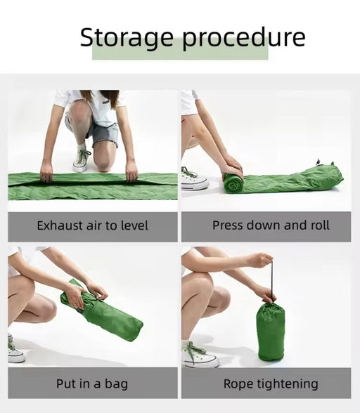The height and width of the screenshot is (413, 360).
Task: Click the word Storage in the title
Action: pyautogui.click(x=127, y=38)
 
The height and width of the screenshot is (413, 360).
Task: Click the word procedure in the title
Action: pyautogui.click(x=244, y=38)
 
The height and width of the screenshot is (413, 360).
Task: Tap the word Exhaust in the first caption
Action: pyautogui.click(x=60, y=225)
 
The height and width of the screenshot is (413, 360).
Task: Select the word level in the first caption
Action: pyautogui.click(x=134, y=225)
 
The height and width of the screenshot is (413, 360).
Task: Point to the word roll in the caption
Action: pyautogui.click(x=320, y=225)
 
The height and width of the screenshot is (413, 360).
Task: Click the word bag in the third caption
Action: pyautogui.click(x=116, y=384)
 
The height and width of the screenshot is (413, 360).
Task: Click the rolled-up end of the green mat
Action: pyautogui.click(x=234, y=183)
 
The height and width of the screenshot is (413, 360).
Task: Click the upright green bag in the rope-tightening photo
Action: pyautogui.click(x=271, y=332)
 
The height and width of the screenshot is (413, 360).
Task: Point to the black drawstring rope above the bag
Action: pyautogui.click(x=272, y=280)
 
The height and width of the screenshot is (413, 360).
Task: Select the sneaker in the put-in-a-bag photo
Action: pyautogui.click(x=15, y=349)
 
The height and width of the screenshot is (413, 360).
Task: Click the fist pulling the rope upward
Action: pyautogui.click(x=261, y=260)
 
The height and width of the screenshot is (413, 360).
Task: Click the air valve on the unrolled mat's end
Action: pyautogui.click(x=319, y=162)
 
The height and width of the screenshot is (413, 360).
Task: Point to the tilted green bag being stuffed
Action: pyautogui.click(x=101, y=310)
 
